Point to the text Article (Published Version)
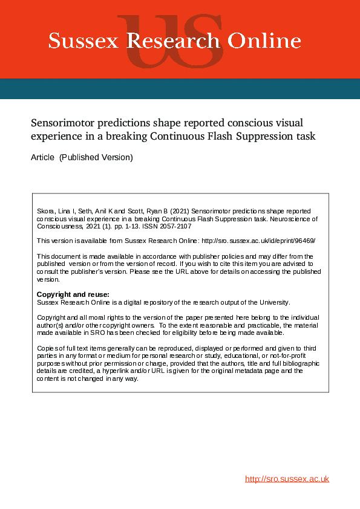tap(81, 158)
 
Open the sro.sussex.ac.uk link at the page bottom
tap(287, 479)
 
